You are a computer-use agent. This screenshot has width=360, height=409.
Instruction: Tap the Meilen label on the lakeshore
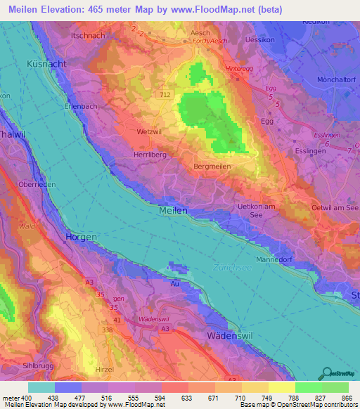point(173,210)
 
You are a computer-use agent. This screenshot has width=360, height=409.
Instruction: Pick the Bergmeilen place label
point(213,167)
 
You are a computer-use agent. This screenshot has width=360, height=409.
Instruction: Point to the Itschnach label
point(89,34)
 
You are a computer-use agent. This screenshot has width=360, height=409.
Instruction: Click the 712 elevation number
point(165,94)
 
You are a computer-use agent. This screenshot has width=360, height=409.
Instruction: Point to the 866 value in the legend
point(345,398)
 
